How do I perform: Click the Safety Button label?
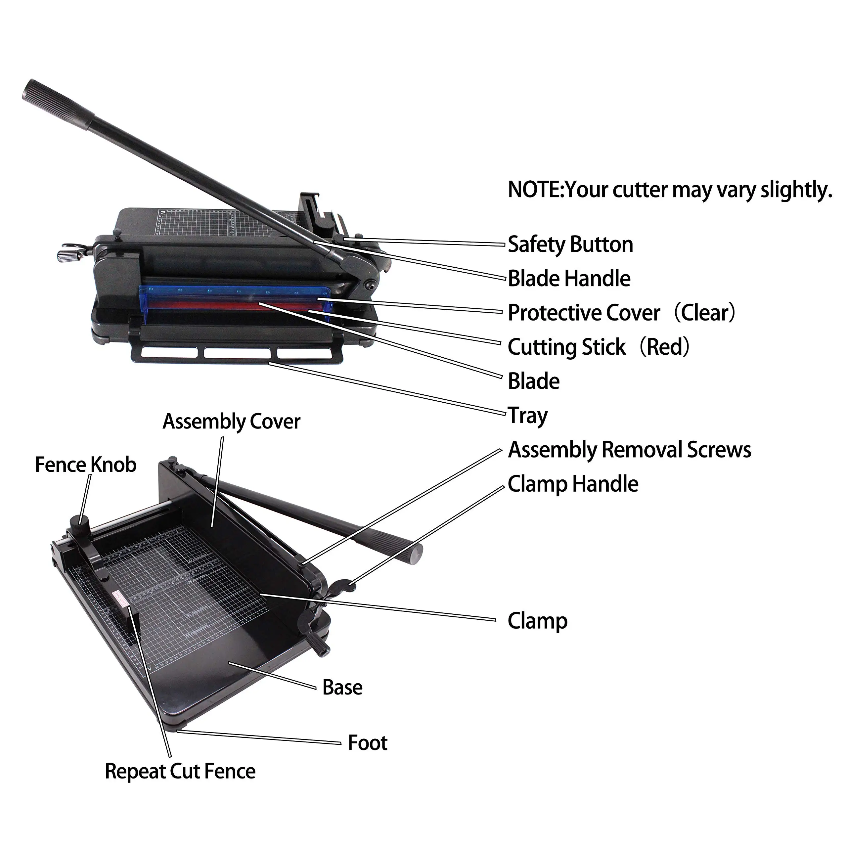(570, 245)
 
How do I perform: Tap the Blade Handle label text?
(569, 279)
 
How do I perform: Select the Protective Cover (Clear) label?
(620, 313)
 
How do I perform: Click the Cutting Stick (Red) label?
(599, 347)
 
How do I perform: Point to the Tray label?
(528, 416)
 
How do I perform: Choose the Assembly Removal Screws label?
(629, 450)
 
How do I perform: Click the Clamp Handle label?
(573, 484)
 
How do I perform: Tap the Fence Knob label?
(85, 465)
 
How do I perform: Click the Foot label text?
(367, 743)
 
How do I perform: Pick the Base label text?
(342, 688)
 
